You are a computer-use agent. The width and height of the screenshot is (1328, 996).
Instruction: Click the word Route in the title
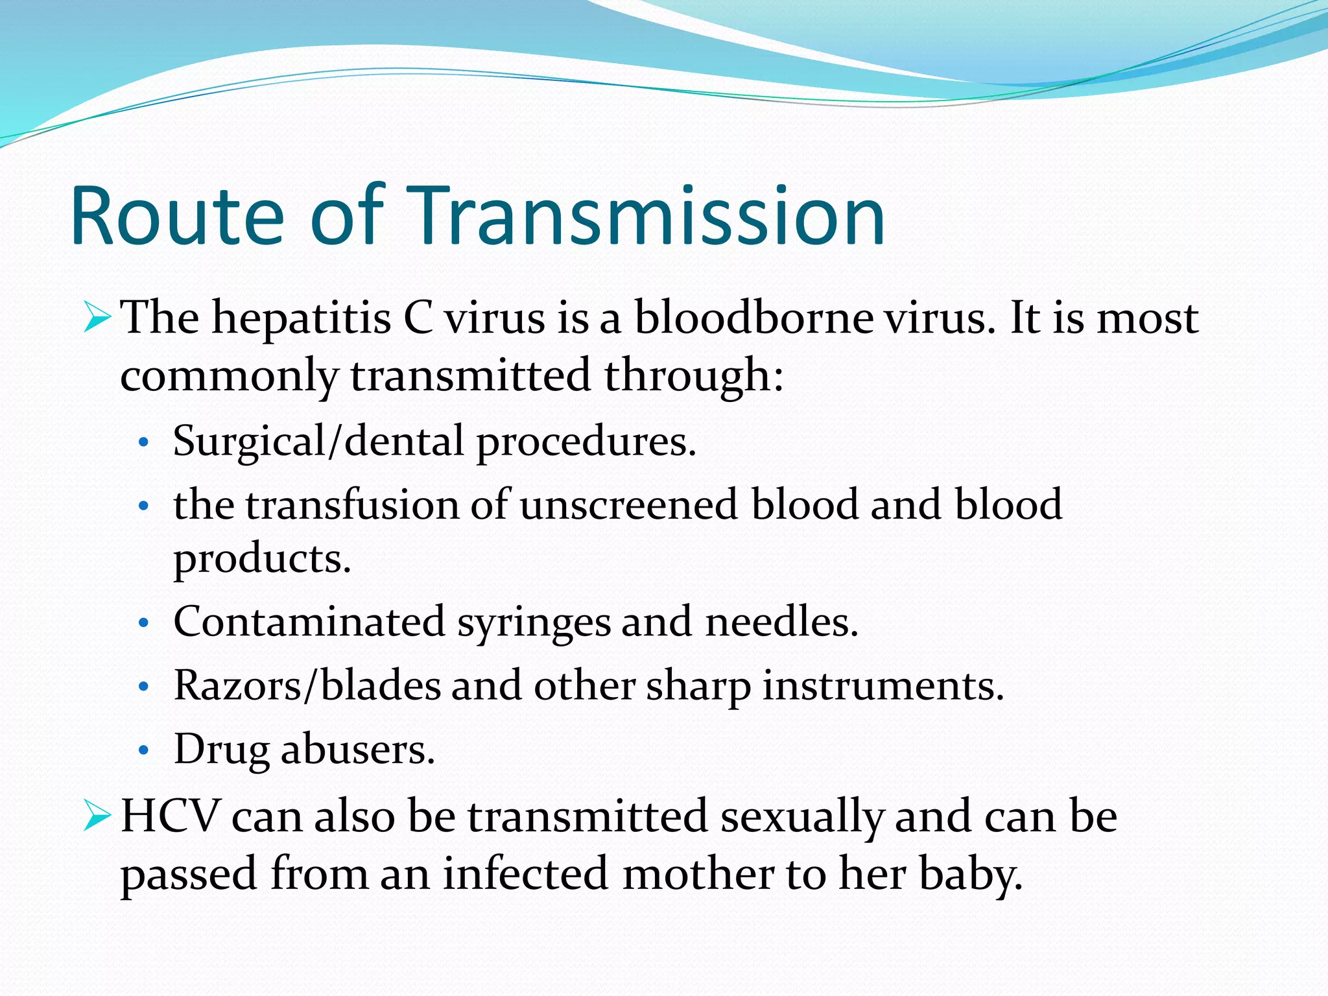(x=177, y=216)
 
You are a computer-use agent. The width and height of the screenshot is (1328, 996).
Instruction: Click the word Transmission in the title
(x=648, y=216)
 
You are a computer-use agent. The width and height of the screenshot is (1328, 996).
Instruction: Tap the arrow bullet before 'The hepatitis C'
(x=97, y=318)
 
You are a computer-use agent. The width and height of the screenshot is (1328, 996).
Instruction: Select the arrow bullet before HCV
(x=97, y=817)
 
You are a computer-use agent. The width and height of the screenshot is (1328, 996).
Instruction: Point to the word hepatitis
(x=301, y=319)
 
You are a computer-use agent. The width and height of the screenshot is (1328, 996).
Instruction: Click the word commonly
(x=229, y=376)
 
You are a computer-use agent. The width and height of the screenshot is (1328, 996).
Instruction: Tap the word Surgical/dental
(x=318, y=442)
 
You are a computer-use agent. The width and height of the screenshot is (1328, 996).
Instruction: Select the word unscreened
(x=628, y=504)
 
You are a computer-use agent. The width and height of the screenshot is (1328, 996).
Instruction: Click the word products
(x=262, y=559)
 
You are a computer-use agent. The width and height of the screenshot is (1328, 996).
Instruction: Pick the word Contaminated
(x=309, y=622)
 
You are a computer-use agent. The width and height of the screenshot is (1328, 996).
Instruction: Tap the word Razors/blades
(x=307, y=685)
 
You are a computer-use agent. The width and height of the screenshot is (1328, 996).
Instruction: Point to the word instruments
(x=883, y=686)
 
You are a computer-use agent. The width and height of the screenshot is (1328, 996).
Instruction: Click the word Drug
(x=221, y=750)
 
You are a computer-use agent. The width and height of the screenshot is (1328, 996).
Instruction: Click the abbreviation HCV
(x=171, y=816)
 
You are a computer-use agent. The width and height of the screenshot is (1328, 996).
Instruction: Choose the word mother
(x=697, y=873)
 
